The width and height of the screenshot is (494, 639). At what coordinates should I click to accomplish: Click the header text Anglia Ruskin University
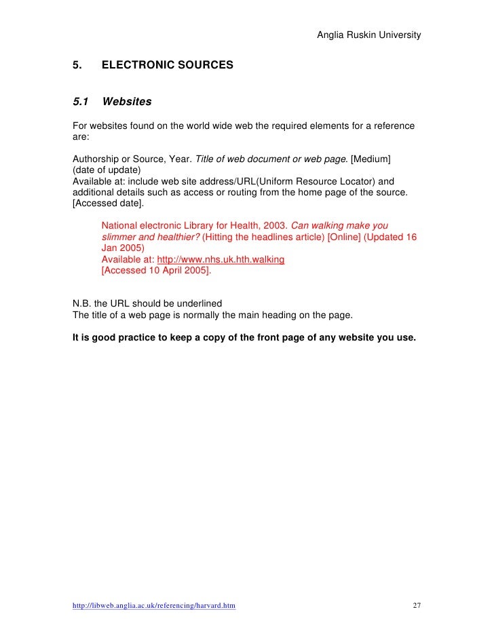pyautogui.click(x=368, y=35)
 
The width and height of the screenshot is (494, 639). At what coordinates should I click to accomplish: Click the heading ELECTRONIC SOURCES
pyautogui.click(x=167, y=66)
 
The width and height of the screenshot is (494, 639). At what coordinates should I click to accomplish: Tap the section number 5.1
pyautogui.click(x=81, y=102)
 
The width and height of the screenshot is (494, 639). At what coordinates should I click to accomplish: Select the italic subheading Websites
pyautogui.click(x=126, y=102)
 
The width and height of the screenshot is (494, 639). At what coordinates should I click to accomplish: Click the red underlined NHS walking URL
pyautogui.click(x=221, y=259)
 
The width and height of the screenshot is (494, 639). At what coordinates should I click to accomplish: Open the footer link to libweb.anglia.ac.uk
pyautogui.click(x=154, y=605)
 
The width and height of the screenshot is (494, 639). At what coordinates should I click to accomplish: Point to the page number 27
pyautogui.click(x=417, y=605)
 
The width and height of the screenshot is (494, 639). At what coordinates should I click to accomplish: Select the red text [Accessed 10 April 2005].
pyautogui.click(x=155, y=270)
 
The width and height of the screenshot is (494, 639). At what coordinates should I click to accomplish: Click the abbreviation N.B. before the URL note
pyautogui.click(x=83, y=303)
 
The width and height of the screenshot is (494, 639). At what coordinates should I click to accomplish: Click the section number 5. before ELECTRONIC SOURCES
pyautogui.click(x=77, y=66)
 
